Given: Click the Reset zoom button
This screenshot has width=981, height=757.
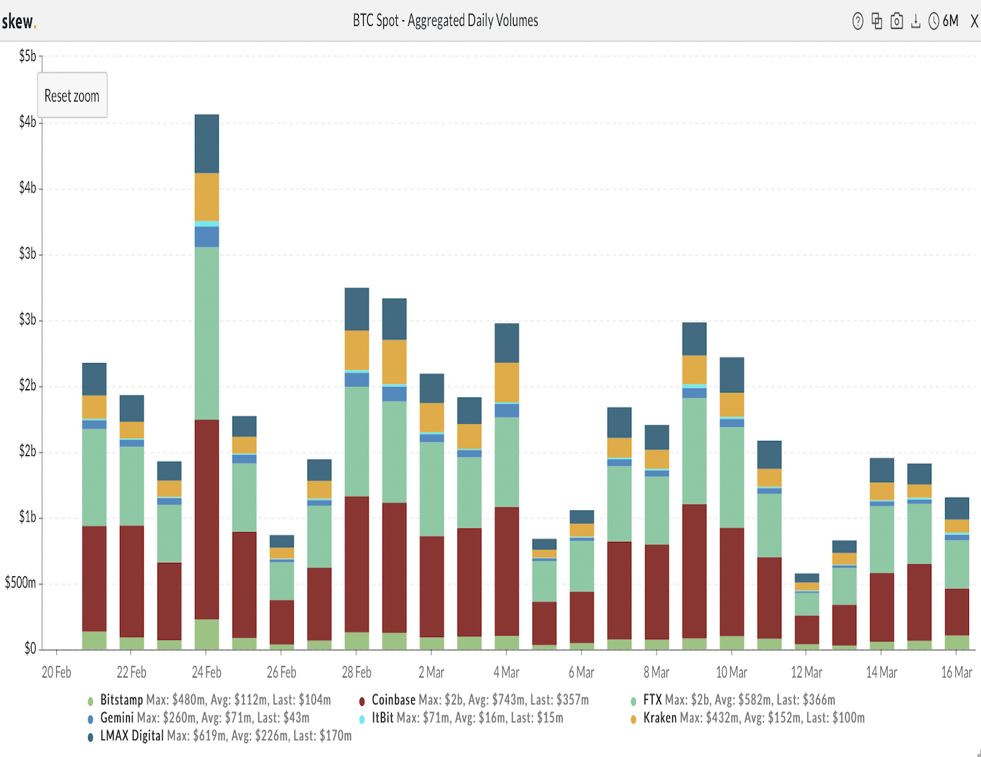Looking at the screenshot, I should pyautogui.click(x=72, y=95).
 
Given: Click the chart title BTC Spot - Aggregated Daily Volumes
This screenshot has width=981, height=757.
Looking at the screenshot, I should pyautogui.click(x=445, y=20).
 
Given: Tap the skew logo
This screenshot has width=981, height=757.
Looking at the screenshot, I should pyautogui.click(x=19, y=22).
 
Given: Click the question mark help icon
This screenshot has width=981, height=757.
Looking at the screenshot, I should pyautogui.click(x=858, y=21).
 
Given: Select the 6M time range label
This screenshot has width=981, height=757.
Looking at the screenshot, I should pyautogui.click(x=950, y=21).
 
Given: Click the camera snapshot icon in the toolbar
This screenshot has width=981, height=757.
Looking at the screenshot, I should pyautogui.click(x=896, y=21).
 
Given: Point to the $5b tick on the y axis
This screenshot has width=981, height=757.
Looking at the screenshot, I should pyautogui.click(x=27, y=56).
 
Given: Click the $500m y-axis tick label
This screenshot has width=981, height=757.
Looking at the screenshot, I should pyautogui.click(x=20, y=583).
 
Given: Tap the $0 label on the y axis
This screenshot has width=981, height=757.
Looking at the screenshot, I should pyautogui.click(x=30, y=648).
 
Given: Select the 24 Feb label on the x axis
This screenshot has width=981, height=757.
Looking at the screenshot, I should pyautogui.click(x=207, y=672).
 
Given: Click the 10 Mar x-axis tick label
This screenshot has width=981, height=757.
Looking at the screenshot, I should pyautogui.click(x=732, y=672).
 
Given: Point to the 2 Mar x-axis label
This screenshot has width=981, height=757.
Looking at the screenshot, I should pyautogui.click(x=432, y=672).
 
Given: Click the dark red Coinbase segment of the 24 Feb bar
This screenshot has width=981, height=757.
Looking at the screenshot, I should pyautogui.click(x=207, y=519).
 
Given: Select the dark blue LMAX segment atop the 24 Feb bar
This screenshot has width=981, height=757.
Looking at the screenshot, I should pyautogui.click(x=207, y=144).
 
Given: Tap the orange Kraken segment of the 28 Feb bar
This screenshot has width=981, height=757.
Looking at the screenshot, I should pyautogui.click(x=357, y=350).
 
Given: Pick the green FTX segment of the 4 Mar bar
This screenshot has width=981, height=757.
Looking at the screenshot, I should pyautogui.click(x=507, y=462).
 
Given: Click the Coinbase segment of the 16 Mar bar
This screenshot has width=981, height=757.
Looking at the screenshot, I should pyautogui.click(x=956, y=612).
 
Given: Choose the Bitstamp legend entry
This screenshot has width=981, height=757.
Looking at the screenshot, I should pyautogui.click(x=121, y=700).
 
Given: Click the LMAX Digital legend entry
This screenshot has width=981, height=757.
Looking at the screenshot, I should pyautogui.click(x=132, y=736).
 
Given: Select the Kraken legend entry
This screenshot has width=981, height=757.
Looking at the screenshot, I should pyautogui.click(x=659, y=718).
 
